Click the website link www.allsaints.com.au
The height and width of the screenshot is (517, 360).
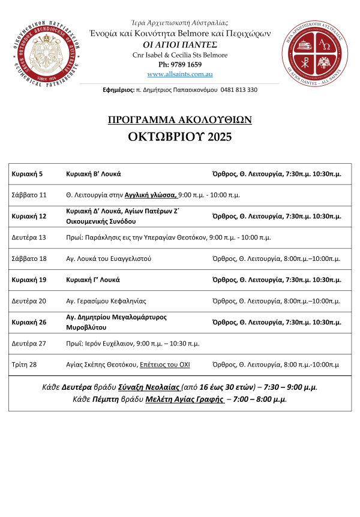(180, 74)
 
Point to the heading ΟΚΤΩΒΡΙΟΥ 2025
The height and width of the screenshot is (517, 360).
(180, 137)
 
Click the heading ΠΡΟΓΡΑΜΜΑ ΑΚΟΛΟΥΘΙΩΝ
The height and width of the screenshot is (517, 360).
(180, 120)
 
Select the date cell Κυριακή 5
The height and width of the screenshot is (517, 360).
(27, 174)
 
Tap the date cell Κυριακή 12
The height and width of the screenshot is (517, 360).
(29, 216)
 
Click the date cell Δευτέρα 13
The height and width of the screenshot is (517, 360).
(29, 238)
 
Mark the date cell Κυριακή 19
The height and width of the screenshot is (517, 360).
(29, 279)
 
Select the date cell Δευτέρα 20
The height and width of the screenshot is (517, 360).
(29, 300)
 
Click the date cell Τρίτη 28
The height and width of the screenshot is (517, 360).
(25, 364)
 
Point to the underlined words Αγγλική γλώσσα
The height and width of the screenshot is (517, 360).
(151, 195)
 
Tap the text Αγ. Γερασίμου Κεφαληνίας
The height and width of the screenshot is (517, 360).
(106, 300)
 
